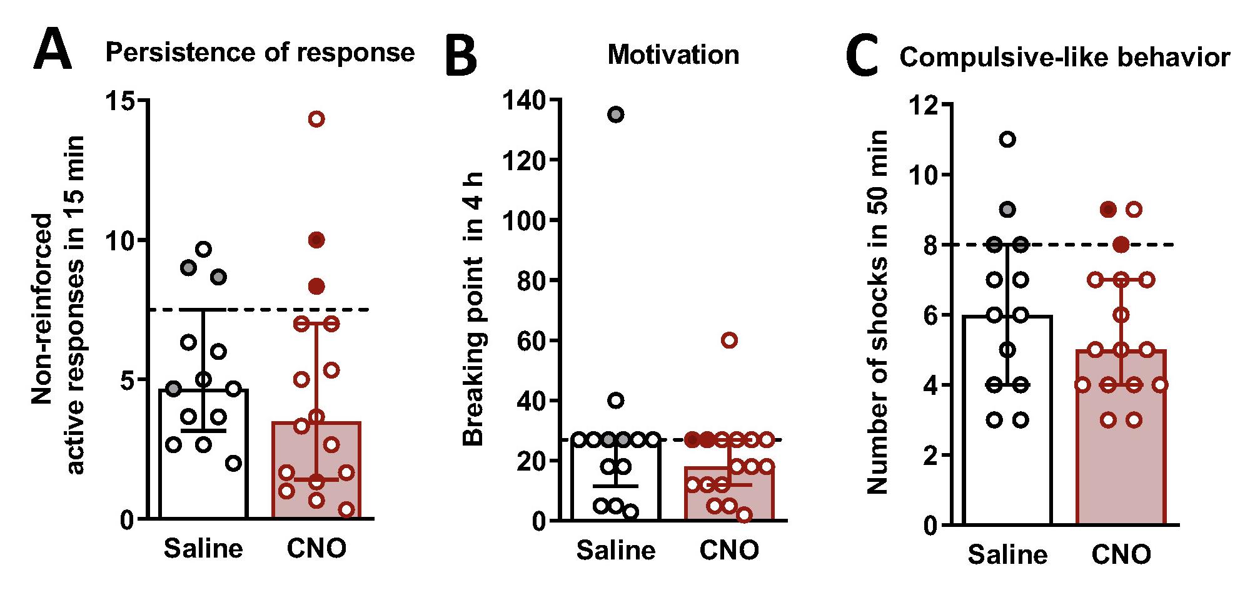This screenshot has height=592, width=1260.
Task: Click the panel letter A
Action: click(53, 52)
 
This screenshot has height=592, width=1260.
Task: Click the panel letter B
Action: click(461, 58)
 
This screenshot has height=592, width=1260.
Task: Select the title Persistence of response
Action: click(260, 53)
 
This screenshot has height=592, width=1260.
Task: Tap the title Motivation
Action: click(673, 55)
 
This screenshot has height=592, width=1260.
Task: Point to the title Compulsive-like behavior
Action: click(1065, 58)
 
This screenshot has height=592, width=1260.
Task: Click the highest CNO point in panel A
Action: click(316, 119)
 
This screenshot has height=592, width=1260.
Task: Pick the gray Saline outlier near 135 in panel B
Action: click(616, 115)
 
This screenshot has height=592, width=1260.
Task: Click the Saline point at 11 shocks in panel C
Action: click(1007, 139)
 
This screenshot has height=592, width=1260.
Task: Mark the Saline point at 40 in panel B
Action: click(616, 401)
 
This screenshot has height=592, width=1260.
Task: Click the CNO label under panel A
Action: click(316, 549)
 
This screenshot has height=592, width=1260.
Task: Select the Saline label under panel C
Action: click(1008, 554)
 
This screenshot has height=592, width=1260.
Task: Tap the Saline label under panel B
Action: click(616, 551)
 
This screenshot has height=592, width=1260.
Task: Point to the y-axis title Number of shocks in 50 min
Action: click(879, 312)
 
